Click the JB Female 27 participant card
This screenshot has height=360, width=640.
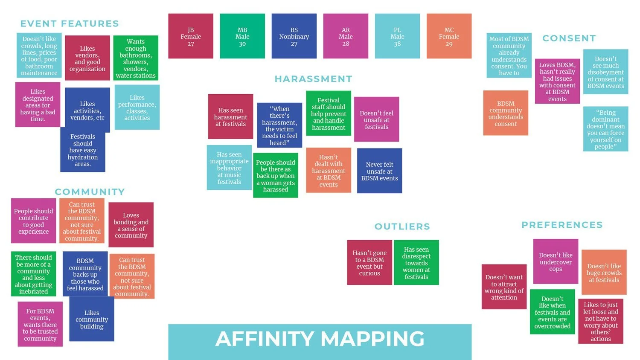pyautogui.click(x=191, y=36)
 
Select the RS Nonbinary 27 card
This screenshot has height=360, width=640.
pyautogui.click(x=294, y=36)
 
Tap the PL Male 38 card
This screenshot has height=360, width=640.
pyautogui.click(x=397, y=36)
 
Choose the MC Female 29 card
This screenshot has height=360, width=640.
pyautogui.click(x=449, y=36)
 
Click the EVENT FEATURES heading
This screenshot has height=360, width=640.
pyautogui.click(x=70, y=24)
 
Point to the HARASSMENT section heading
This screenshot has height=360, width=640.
pyautogui.click(x=314, y=79)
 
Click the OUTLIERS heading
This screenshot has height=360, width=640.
pyautogui.click(x=402, y=226)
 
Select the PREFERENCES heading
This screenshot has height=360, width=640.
pyautogui.click(x=562, y=225)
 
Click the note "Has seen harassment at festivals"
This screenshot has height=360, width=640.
pyautogui.click(x=230, y=117)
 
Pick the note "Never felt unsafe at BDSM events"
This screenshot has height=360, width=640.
pyautogui.click(x=379, y=171)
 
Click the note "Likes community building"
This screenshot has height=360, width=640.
pyautogui.click(x=92, y=319)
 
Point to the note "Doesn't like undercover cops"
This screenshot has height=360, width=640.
pyautogui.click(x=556, y=262)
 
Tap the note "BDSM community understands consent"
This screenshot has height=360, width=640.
pyautogui.click(x=506, y=113)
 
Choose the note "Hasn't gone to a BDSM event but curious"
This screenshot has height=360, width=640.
pyautogui.click(x=369, y=263)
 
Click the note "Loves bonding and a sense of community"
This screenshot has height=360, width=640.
pyautogui.click(x=131, y=225)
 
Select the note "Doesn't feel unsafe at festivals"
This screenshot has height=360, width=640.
pyautogui.click(x=376, y=120)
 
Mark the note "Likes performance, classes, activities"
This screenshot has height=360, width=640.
pyautogui.click(x=137, y=107)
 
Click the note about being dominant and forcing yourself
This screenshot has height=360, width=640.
pyautogui.click(x=605, y=129)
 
